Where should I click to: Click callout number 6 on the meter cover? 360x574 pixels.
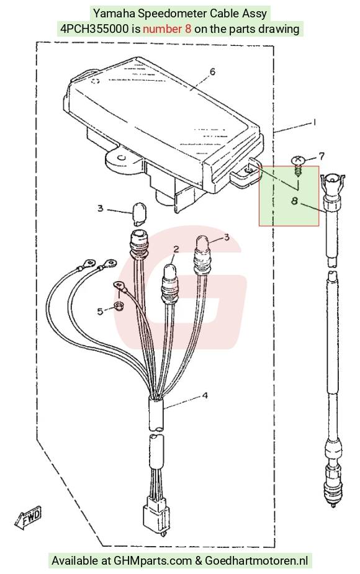click(x=212, y=71)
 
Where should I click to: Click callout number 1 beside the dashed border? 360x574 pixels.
click(x=314, y=122)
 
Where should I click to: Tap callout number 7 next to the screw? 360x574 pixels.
click(x=321, y=156)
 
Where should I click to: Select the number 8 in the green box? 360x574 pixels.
click(x=294, y=201)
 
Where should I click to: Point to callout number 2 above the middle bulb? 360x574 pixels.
click(x=176, y=249)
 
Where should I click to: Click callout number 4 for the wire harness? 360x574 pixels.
click(x=205, y=395)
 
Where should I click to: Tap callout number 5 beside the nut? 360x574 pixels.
click(x=100, y=311)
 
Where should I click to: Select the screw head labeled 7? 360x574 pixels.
click(x=298, y=160)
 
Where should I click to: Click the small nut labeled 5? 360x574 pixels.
click(x=119, y=306)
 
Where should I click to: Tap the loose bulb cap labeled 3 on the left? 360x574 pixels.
click(x=138, y=213)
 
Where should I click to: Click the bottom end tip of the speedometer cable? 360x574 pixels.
click(x=333, y=506)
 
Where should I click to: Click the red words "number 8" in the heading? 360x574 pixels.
click(x=167, y=29)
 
